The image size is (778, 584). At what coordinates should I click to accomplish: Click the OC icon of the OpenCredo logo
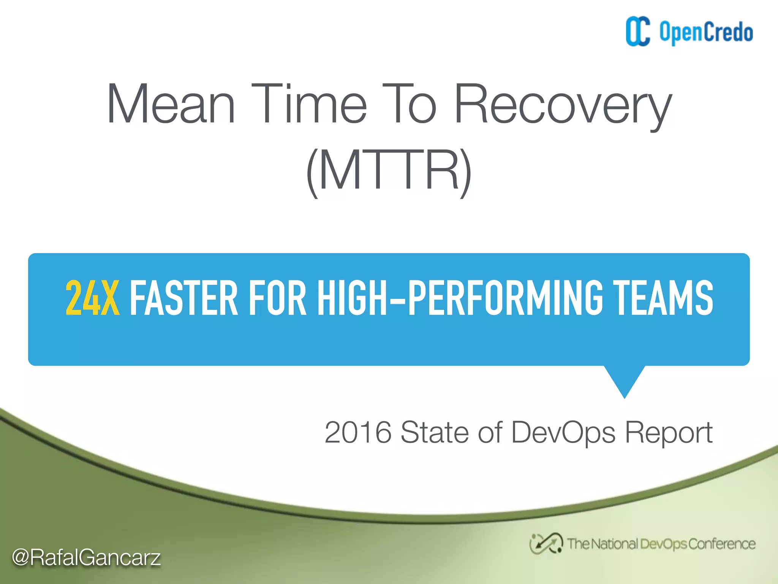coord(638,32)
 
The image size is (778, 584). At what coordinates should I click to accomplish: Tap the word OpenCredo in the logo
coord(706,33)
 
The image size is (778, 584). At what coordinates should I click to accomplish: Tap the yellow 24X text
coord(92,298)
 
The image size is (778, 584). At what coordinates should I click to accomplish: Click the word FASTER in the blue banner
coord(184,298)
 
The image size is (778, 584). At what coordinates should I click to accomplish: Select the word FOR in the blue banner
coord(277,298)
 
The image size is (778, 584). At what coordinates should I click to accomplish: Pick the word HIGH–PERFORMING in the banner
coord(460,298)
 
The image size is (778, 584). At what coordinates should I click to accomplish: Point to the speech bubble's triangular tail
coord(625,380)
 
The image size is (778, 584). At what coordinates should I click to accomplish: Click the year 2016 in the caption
coord(358,432)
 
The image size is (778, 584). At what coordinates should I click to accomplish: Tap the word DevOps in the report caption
coord(563,433)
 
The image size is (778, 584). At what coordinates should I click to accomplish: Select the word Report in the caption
coord(669,433)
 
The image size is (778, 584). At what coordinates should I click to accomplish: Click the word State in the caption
coord(435,432)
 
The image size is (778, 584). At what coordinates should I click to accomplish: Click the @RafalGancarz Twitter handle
coord(86,558)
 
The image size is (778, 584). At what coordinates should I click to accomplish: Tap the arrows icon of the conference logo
coord(546,544)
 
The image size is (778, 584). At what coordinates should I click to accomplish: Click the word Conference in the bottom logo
coord(722,544)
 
